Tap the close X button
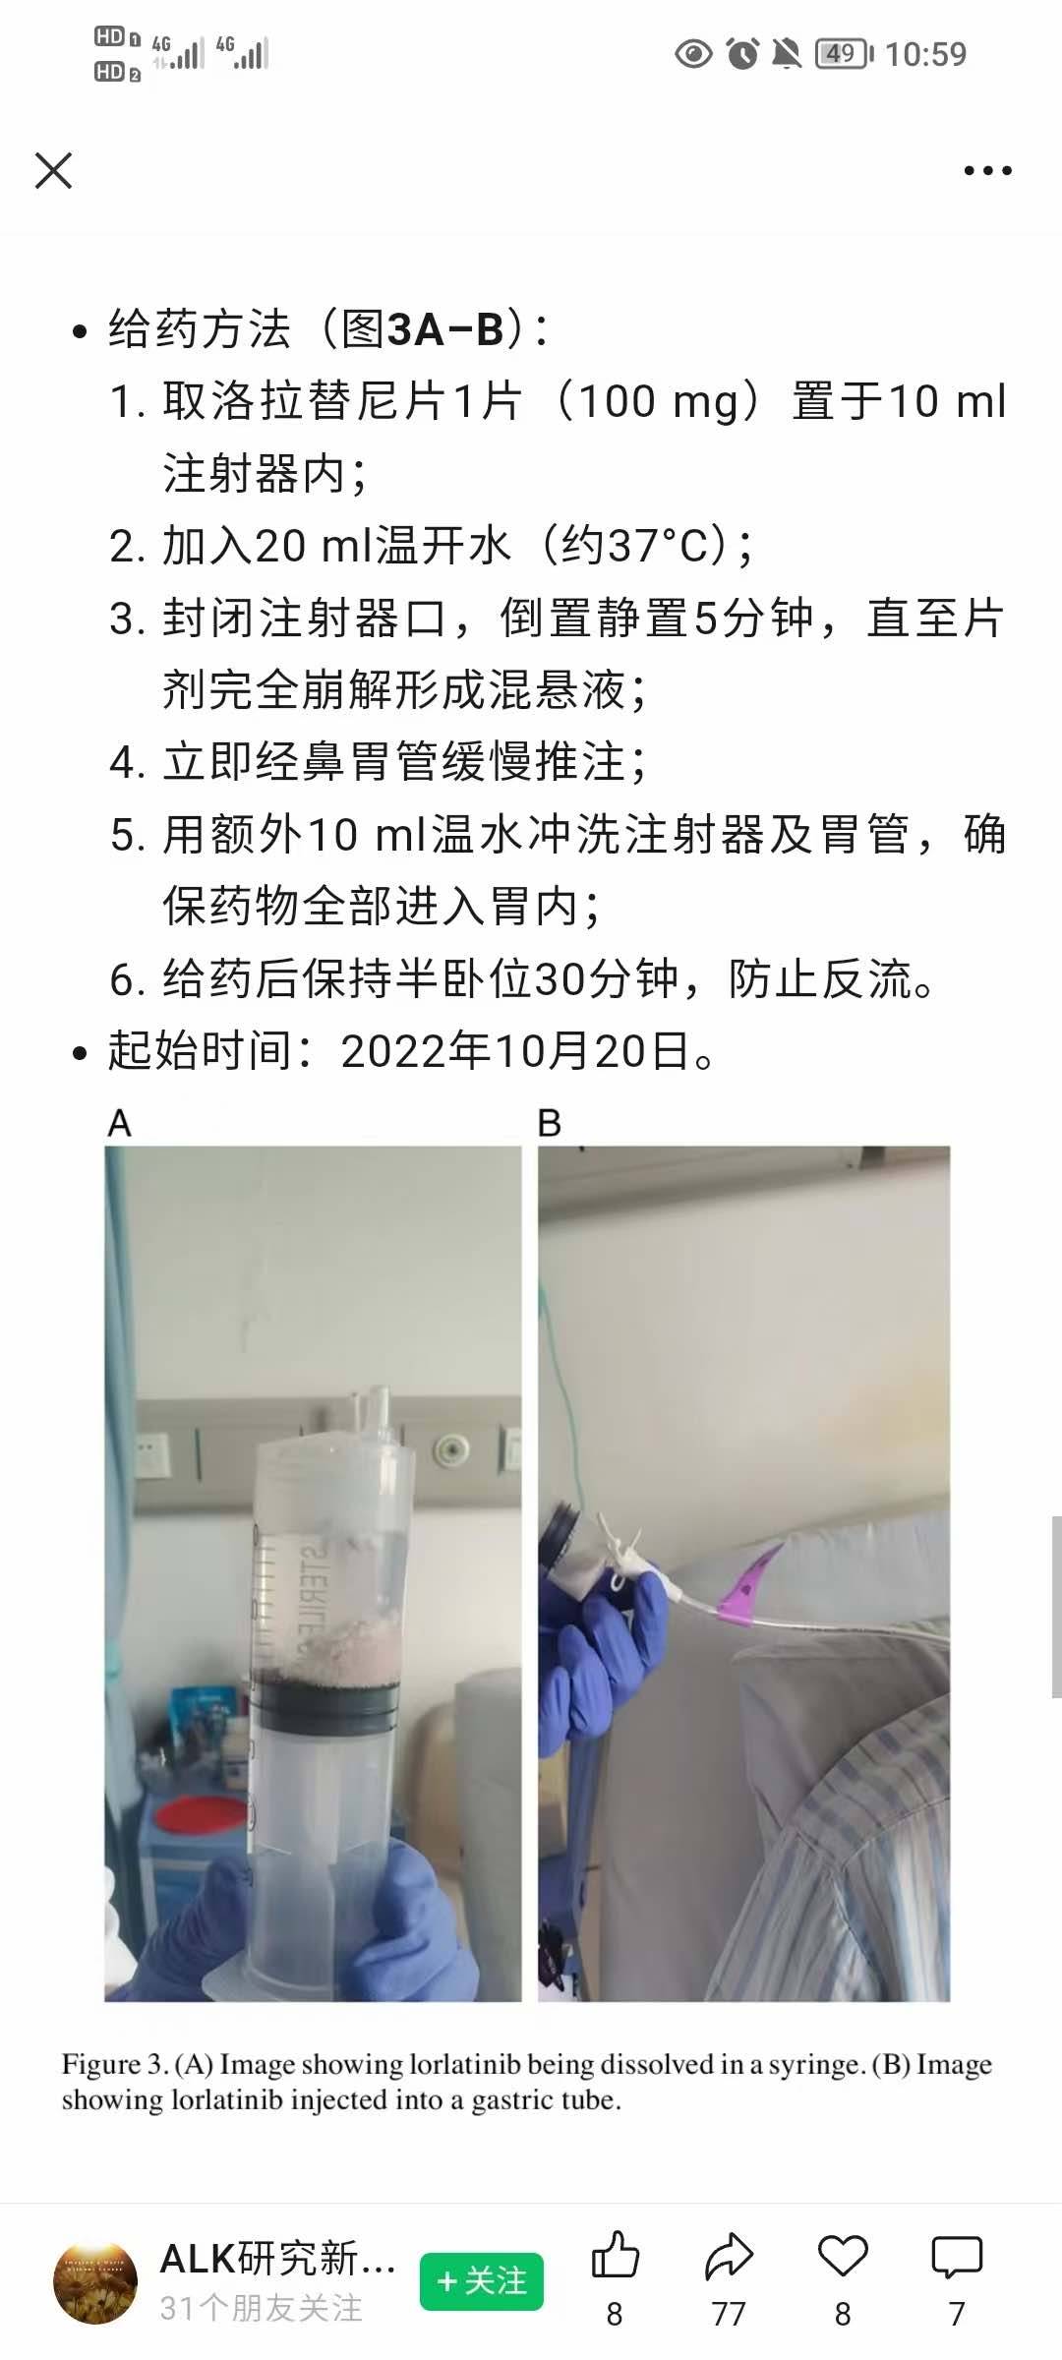pyautogui.click(x=53, y=170)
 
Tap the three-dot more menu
pyautogui.click(x=987, y=171)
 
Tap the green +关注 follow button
pyautogui.click(x=481, y=2281)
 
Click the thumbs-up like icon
pyautogui.click(x=616, y=2255)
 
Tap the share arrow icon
pyautogui.click(x=729, y=2256)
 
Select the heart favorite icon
pyautogui.click(x=843, y=2256)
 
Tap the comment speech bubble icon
pyautogui.click(x=957, y=2257)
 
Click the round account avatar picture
pyautogui.click(x=95, y=2283)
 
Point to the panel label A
pyautogui.click(x=119, y=1123)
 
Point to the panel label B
pyautogui.click(x=550, y=1123)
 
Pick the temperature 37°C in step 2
pyautogui.click(x=667, y=545)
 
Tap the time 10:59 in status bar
pyautogui.click(x=925, y=54)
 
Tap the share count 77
pyautogui.click(x=729, y=2315)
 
